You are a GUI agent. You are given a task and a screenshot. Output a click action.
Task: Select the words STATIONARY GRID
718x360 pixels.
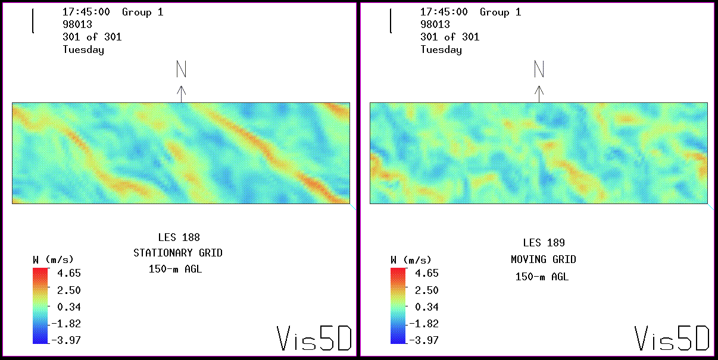coord(178,253)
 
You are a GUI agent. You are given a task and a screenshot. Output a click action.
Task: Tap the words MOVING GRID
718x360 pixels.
coord(544,259)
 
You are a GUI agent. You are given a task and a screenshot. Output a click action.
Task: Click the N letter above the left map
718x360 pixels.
coord(182,70)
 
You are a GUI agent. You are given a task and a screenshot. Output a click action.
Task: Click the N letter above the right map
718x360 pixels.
coord(539,70)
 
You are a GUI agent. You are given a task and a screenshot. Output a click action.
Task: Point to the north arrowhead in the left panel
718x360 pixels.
coord(182,90)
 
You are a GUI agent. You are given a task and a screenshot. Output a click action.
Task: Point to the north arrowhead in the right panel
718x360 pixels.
coord(539,90)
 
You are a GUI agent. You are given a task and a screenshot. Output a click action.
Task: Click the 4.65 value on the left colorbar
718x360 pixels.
coord(69,274)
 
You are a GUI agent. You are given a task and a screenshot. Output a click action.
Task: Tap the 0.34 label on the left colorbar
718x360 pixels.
coord(69,307)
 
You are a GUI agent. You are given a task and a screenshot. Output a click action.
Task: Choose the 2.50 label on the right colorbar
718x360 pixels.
coord(427,290)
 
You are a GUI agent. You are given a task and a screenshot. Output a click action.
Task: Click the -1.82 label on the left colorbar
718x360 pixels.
coord(67,324)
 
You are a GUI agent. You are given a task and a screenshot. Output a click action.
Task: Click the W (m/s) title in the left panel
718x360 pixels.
coord(53,260)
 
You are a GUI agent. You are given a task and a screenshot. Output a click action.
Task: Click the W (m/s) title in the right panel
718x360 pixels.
coord(411,260)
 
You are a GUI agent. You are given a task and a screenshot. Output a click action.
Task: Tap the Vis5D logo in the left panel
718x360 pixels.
coord(314,338)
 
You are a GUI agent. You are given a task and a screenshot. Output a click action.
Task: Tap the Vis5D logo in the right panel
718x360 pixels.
coord(672,338)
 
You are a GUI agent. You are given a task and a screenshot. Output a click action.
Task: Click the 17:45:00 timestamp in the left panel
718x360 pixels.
coord(86,12)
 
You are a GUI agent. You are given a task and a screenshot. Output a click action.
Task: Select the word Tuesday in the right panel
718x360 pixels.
coord(441,49)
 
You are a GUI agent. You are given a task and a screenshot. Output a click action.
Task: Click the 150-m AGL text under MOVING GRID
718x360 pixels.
coord(542,277)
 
